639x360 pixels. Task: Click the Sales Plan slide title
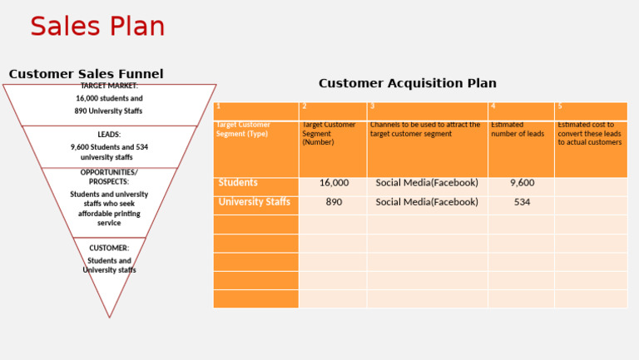(97, 27)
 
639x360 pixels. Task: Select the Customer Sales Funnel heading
(86, 74)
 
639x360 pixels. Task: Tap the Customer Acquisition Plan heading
(407, 83)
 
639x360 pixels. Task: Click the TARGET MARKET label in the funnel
(109, 86)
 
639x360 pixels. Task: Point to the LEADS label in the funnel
(109, 134)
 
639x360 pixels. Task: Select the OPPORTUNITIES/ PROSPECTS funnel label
(109, 176)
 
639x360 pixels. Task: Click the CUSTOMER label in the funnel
(109, 248)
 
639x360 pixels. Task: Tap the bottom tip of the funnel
(109, 315)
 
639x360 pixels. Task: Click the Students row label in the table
(238, 183)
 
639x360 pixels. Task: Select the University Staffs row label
(254, 202)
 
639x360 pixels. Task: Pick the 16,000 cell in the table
(334, 183)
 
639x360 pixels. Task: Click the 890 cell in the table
(334, 202)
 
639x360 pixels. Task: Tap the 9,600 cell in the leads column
(522, 183)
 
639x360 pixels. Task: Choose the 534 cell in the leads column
(522, 202)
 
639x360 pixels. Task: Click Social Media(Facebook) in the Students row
(427, 183)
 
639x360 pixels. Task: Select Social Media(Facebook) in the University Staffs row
(427, 202)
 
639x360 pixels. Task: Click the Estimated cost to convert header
(589, 134)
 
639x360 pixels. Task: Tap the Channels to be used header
(425, 130)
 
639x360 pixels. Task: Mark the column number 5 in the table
(560, 106)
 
